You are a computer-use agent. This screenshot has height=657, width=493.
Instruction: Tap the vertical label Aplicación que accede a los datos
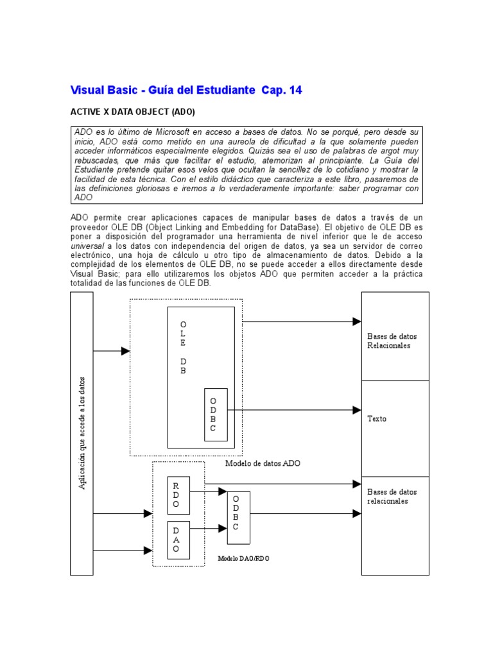point(82,434)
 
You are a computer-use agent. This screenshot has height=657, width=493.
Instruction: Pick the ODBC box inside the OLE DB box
point(215,414)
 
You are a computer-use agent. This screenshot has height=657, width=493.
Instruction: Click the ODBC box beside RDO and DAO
point(238,517)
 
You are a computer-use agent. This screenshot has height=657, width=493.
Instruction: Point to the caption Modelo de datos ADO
point(263,463)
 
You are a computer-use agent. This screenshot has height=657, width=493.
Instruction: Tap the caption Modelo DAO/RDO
point(243,559)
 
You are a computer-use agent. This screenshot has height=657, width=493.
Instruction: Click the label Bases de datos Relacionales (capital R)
point(388,341)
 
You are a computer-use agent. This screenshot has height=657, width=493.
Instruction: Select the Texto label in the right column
point(377,419)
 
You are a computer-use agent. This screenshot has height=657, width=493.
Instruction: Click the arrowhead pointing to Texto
point(357,410)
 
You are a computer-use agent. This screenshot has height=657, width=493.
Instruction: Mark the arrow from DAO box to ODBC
point(208,528)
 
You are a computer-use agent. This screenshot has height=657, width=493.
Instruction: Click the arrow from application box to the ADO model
point(112,351)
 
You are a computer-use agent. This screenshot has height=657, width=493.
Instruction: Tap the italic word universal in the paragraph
point(88,245)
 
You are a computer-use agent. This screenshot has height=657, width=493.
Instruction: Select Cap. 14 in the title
point(281,90)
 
